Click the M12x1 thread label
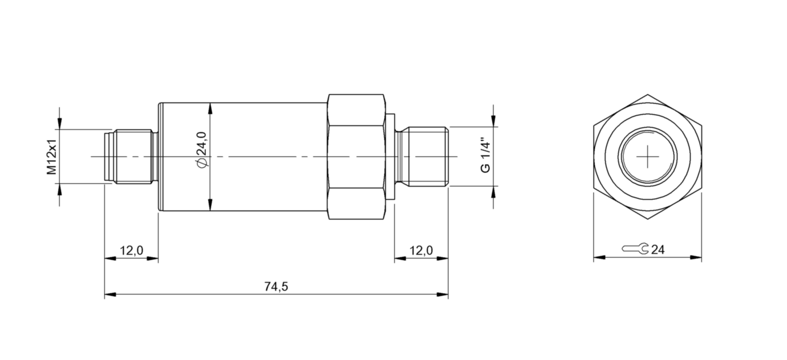51,156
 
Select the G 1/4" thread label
485,155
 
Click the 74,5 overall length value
276,287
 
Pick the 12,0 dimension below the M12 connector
131,250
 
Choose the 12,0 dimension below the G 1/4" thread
421,250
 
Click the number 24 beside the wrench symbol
658,250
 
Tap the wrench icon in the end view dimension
635,249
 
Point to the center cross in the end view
648,156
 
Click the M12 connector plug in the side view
131,156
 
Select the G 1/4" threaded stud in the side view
422,156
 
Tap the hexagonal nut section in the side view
356,156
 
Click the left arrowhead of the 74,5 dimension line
109,295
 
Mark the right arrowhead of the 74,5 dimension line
443,295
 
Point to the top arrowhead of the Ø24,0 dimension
211,108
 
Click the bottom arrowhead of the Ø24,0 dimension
211,205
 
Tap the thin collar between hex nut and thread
391,156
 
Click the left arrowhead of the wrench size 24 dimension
598,258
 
